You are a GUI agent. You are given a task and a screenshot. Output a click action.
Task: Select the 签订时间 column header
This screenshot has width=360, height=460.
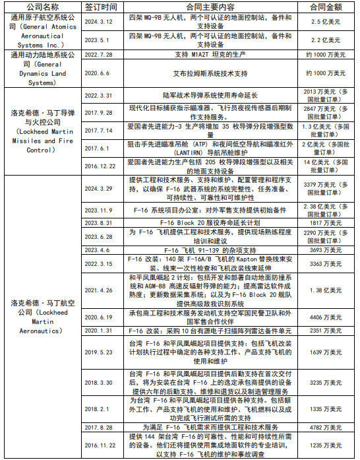pos(101,6)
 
